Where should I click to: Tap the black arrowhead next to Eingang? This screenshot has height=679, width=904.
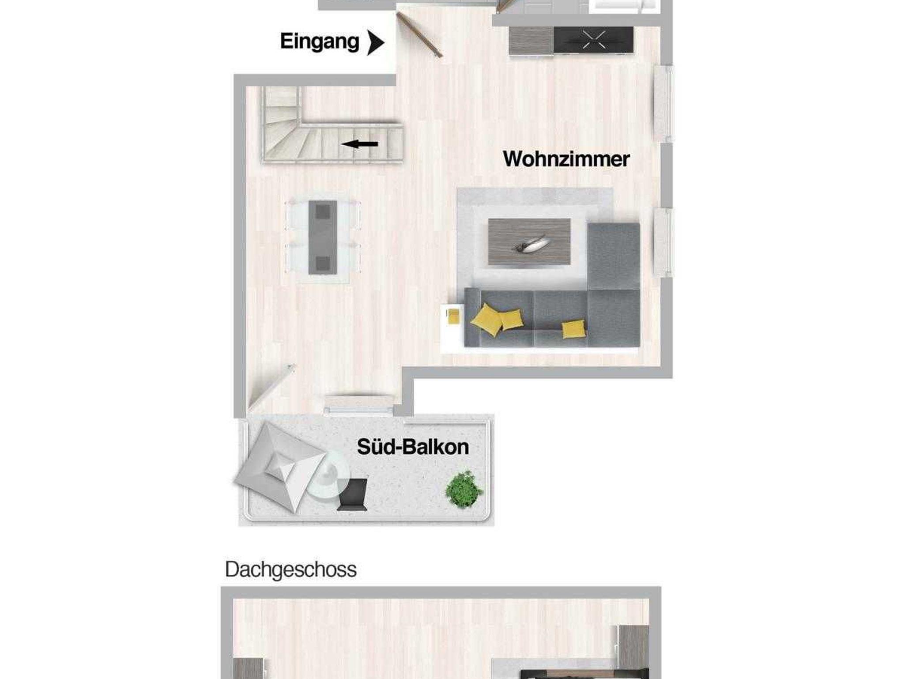tap(376, 43)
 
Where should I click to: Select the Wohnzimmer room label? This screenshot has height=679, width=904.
tap(566, 159)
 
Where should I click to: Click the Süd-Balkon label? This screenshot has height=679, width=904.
tap(413, 447)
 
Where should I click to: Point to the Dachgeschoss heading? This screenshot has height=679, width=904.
tap(290, 570)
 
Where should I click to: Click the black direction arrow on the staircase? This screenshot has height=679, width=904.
tap(359, 144)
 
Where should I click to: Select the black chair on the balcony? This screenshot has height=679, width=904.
tap(353, 494)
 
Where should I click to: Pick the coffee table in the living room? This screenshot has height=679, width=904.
tap(529, 241)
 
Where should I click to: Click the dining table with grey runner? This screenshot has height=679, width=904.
tap(323, 237)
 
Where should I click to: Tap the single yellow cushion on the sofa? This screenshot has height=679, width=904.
tap(574, 328)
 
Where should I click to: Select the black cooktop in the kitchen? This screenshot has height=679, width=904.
tap(593, 40)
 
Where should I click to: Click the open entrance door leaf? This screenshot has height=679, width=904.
tap(419, 35)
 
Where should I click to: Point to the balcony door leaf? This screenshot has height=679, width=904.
tap(271, 387)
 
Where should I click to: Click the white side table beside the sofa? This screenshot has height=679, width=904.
tap(452, 328)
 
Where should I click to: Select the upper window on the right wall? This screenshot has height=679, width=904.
tap(663, 104)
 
